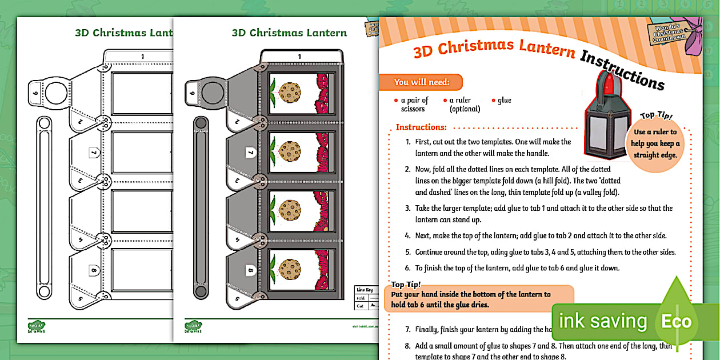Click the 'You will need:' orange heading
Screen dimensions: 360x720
coord(421,82)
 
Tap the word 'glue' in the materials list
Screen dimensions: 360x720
coord(505,101)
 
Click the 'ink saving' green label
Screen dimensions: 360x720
coord(602,321)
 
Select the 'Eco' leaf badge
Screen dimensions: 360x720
coord(677,321)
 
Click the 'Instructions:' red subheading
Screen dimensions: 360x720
coord(421,127)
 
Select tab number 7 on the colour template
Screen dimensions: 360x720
coord(250,153)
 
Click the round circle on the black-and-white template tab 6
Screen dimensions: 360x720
coord(57,91)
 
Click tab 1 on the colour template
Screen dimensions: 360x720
coord(299,56)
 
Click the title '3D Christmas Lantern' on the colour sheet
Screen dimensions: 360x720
coord(289,33)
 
